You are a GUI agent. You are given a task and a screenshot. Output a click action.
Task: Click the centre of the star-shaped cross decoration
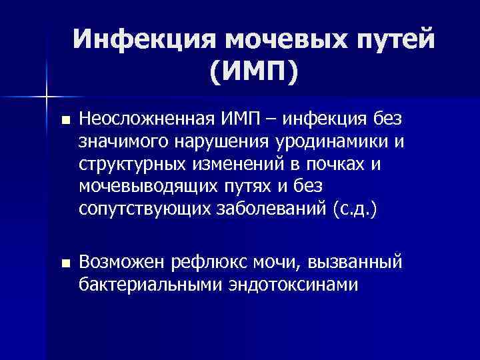pos(46,95)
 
